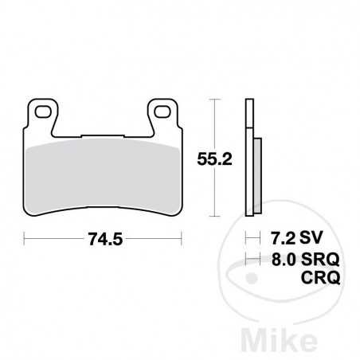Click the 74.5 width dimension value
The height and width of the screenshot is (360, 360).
pos(104,237)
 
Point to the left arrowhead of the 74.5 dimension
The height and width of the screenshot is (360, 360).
pos(27,237)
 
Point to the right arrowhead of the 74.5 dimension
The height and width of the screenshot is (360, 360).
pos(180,237)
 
